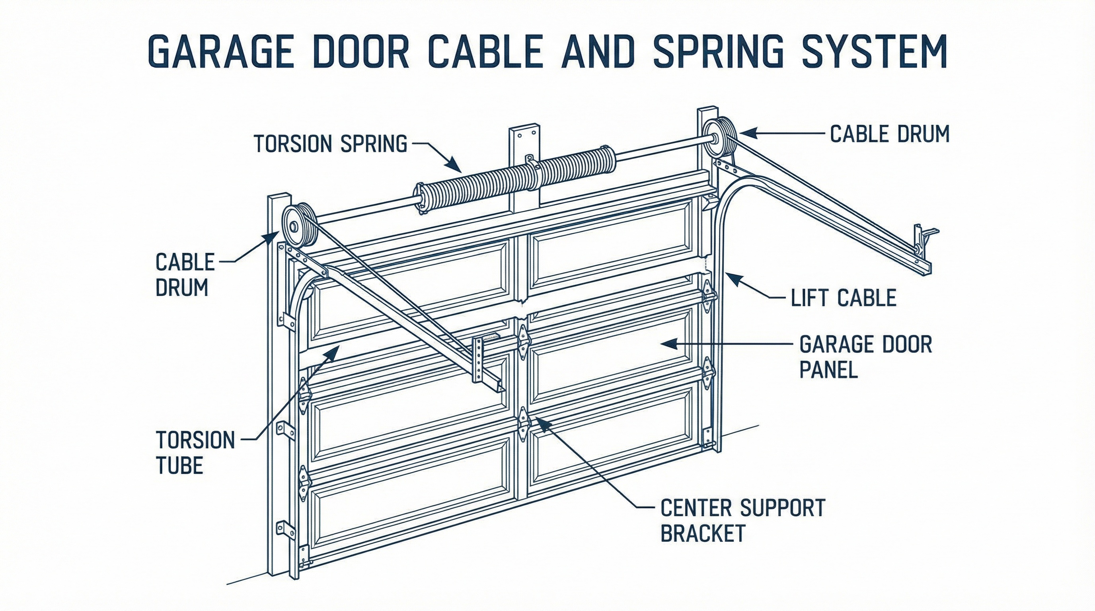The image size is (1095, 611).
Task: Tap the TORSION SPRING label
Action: coord(330,144)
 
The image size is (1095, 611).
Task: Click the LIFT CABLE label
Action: coord(844,298)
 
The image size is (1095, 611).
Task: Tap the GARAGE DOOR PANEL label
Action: coord(865,356)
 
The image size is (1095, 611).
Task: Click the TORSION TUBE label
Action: coord(195,452)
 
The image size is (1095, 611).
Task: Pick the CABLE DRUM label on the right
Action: coord(889,134)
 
